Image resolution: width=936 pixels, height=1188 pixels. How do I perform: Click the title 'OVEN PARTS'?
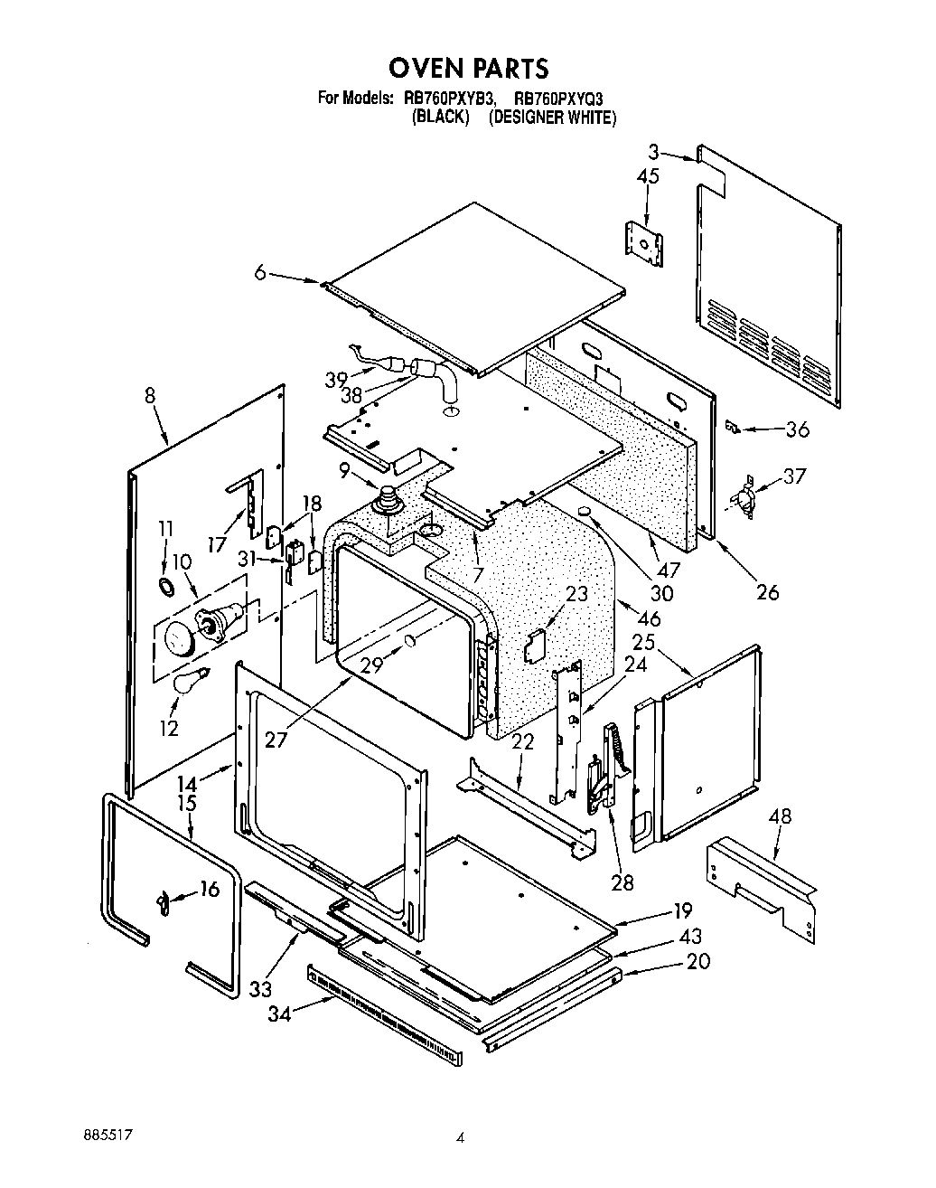click(x=468, y=68)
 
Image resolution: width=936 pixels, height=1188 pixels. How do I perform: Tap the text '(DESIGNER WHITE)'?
click(x=552, y=118)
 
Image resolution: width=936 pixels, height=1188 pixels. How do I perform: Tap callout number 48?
click(x=780, y=816)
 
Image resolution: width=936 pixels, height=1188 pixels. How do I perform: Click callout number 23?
click(x=576, y=594)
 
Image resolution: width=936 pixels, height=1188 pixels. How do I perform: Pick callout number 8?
click(x=149, y=395)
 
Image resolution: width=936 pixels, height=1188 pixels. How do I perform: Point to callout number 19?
click(x=681, y=910)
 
